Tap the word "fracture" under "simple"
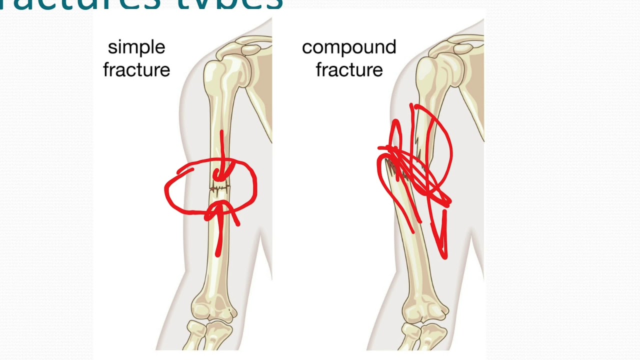tap(136, 70)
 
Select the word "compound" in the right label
tap(348, 47)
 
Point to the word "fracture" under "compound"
tap(349, 70)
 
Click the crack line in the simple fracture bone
tap(219, 189)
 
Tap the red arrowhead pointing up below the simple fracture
tap(218, 207)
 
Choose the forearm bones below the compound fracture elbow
tap(420, 337)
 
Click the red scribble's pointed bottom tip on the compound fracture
tap(444, 256)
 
